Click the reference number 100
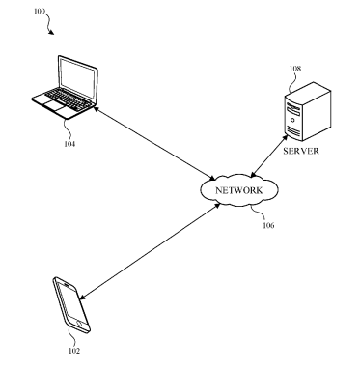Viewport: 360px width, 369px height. tap(40, 12)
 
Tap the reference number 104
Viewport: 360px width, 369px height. tap(69, 144)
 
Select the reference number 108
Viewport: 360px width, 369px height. tap(295, 69)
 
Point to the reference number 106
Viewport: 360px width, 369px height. tap(268, 225)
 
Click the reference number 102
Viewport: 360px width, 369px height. tap(74, 351)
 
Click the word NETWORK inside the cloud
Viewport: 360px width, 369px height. tap(239, 190)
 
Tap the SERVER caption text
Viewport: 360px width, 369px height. tap(301, 151)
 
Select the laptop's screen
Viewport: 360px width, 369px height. tap(77, 78)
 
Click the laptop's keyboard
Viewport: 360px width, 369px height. tap(68, 98)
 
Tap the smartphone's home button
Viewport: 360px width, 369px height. tap(79, 323)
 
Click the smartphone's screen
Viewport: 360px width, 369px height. tap(70, 302)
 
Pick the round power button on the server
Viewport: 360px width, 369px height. tap(292, 121)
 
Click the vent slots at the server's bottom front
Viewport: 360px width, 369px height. tap(293, 131)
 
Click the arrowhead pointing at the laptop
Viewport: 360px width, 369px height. tap(96, 108)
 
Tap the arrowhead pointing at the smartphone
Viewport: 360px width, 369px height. tap(82, 298)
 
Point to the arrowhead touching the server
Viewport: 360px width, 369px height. tap(285, 137)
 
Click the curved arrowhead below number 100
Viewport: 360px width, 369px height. tap(51, 32)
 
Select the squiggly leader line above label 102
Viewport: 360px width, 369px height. tap(73, 337)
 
